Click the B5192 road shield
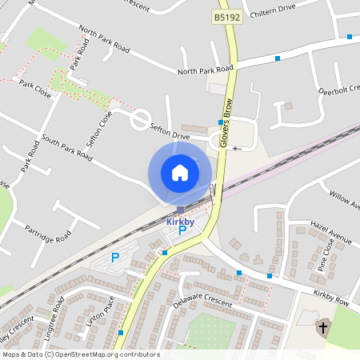click(x=228, y=16)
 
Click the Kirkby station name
click(x=181, y=220)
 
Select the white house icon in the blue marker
click(x=180, y=172)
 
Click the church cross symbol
click(x=323, y=326)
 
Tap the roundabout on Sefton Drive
click(x=141, y=120)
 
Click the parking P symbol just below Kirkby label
click(x=182, y=231)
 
